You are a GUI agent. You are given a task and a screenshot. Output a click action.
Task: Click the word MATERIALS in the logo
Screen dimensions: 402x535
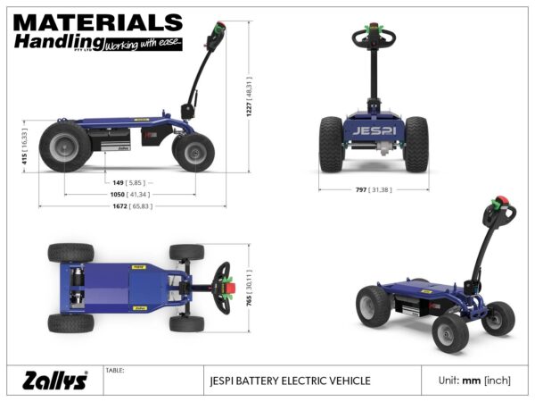(x=98, y=22)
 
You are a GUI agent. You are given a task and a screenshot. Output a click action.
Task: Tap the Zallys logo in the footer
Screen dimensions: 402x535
(x=55, y=381)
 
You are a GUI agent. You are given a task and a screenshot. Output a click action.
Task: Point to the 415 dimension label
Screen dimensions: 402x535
(x=24, y=148)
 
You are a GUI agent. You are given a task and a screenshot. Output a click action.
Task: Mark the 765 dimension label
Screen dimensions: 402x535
(x=251, y=287)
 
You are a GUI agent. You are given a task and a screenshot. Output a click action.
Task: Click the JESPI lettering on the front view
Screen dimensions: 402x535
(x=374, y=130)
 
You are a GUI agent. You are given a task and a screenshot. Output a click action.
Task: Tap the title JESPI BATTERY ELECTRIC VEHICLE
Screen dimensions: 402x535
(x=287, y=381)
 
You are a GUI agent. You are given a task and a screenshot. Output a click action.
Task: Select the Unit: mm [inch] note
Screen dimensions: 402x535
(x=474, y=381)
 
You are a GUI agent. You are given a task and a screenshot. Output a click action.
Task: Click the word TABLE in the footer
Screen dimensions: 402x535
(x=115, y=369)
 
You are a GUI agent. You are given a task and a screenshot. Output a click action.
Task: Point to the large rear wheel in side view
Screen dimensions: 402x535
(x=64, y=147)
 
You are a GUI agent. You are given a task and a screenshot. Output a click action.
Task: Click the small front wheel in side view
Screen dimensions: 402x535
(x=193, y=151)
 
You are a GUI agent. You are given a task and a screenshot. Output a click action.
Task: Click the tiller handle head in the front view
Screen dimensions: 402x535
(x=374, y=38)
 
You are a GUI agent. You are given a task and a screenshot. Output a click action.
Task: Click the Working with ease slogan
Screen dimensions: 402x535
(x=143, y=43)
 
